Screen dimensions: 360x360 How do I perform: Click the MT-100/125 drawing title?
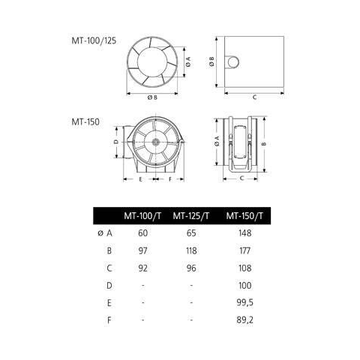click(x=94, y=40)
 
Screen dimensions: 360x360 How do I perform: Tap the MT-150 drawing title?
click(x=85, y=122)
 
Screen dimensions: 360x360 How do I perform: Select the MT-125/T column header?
click(x=191, y=215)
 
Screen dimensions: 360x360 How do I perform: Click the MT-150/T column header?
click(x=244, y=215)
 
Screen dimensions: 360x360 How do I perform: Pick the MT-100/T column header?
click(x=142, y=215)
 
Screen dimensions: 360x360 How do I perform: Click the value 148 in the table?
click(x=244, y=233)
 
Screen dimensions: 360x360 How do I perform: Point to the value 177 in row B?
click(x=244, y=250)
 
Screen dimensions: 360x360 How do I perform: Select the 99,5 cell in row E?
click(x=244, y=303)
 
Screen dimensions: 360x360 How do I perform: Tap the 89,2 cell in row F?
click(x=244, y=320)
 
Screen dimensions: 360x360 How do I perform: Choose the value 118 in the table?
click(x=191, y=250)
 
